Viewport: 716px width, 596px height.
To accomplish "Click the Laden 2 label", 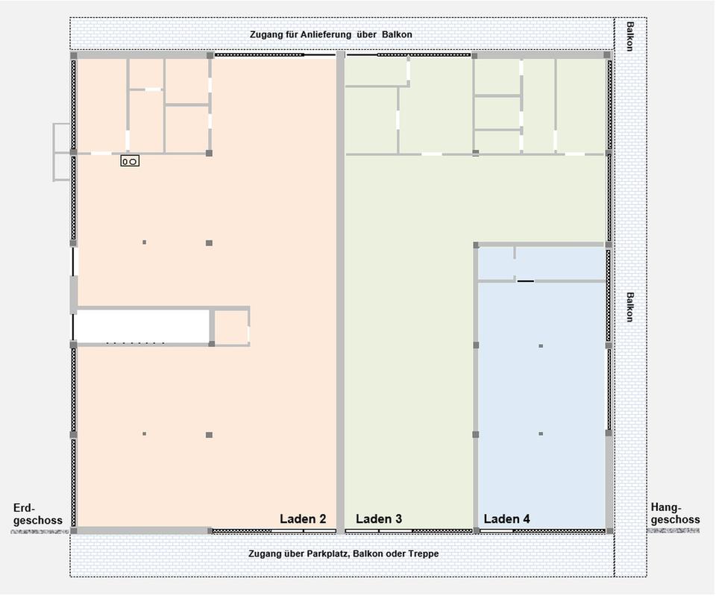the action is (303, 519).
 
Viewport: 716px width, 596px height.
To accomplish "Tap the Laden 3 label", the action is (379, 519).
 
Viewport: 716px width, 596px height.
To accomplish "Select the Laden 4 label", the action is (507, 519).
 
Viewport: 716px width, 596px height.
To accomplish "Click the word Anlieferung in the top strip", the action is (326, 35).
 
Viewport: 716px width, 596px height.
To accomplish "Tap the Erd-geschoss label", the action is (38, 514).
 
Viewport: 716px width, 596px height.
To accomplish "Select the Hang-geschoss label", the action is (676, 513).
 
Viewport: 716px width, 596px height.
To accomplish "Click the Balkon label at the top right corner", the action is (630, 36).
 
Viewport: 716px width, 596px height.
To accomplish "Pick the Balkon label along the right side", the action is (630, 307).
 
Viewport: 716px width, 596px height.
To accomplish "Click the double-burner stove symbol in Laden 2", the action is (130, 161).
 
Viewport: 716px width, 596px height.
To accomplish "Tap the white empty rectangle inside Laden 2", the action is (142, 326).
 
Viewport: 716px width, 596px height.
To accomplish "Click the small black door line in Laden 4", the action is (526, 281).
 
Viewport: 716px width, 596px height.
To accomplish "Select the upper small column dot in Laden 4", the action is (541, 346).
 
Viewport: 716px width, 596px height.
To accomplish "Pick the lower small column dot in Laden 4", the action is (541, 433).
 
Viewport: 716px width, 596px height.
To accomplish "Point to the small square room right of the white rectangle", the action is (231, 327).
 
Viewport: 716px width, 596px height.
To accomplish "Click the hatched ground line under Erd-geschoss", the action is (40, 532).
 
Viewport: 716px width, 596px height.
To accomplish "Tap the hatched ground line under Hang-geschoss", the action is (673, 530).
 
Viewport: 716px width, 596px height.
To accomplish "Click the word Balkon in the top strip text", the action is (397, 35).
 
